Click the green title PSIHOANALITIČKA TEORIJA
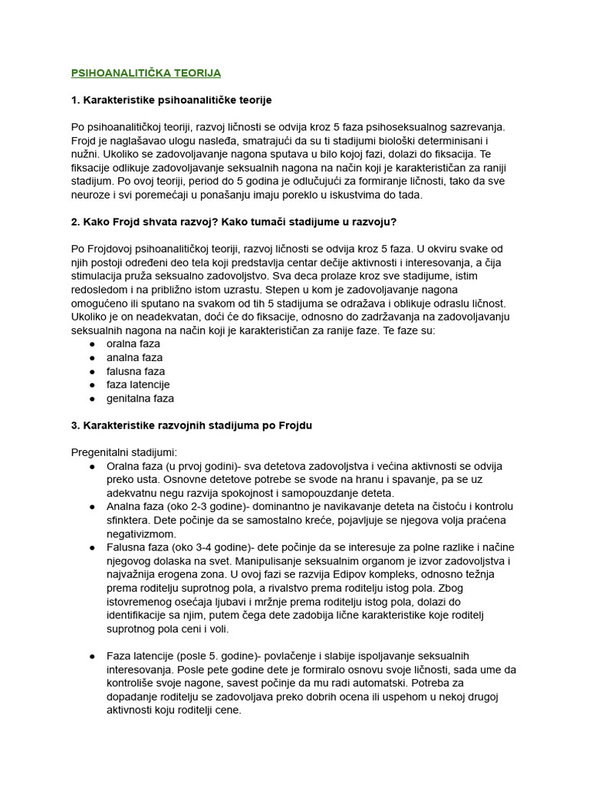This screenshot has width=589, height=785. (x=146, y=73)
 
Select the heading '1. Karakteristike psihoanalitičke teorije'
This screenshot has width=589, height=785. (x=171, y=100)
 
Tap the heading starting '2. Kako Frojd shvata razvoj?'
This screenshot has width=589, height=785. (x=234, y=222)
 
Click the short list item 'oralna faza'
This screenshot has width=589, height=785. (x=133, y=343)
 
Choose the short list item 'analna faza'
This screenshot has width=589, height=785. (x=134, y=357)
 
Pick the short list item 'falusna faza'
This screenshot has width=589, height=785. (x=136, y=371)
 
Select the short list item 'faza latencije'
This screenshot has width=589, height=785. (x=138, y=384)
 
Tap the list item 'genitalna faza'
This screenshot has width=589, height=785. (x=140, y=398)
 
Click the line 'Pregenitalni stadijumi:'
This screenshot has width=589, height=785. (x=123, y=452)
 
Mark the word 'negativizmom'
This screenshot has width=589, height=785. (x=142, y=534)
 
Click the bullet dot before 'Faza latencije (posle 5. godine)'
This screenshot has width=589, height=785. (x=92, y=656)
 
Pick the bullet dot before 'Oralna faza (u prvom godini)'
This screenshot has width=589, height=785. (x=92, y=466)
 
